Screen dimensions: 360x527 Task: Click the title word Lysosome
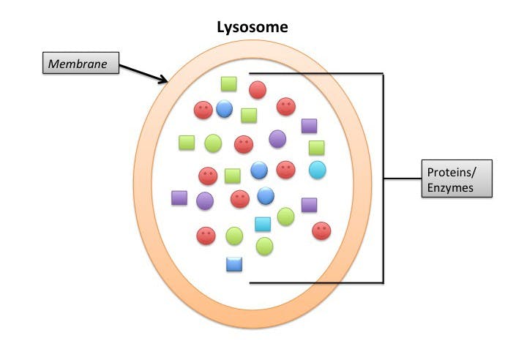[253, 27]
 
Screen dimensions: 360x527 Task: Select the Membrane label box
[78, 64]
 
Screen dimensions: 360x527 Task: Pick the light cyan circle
[317, 170]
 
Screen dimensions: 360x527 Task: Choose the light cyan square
[262, 225]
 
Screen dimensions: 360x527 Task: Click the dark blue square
[234, 264]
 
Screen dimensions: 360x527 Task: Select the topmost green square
[229, 84]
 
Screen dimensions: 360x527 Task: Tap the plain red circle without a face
[257, 90]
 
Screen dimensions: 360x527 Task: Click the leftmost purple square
[179, 198]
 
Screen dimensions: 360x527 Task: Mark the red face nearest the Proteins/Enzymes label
[321, 230]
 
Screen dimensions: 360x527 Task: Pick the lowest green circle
[264, 246]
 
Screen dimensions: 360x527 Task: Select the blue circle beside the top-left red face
[224, 110]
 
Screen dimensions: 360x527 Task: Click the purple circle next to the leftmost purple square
[205, 200]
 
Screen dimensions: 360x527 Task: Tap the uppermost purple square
[309, 126]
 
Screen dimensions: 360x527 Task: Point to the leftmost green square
[187, 142]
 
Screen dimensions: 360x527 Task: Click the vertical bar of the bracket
[383, 178]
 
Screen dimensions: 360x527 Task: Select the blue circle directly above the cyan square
[266, 196]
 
